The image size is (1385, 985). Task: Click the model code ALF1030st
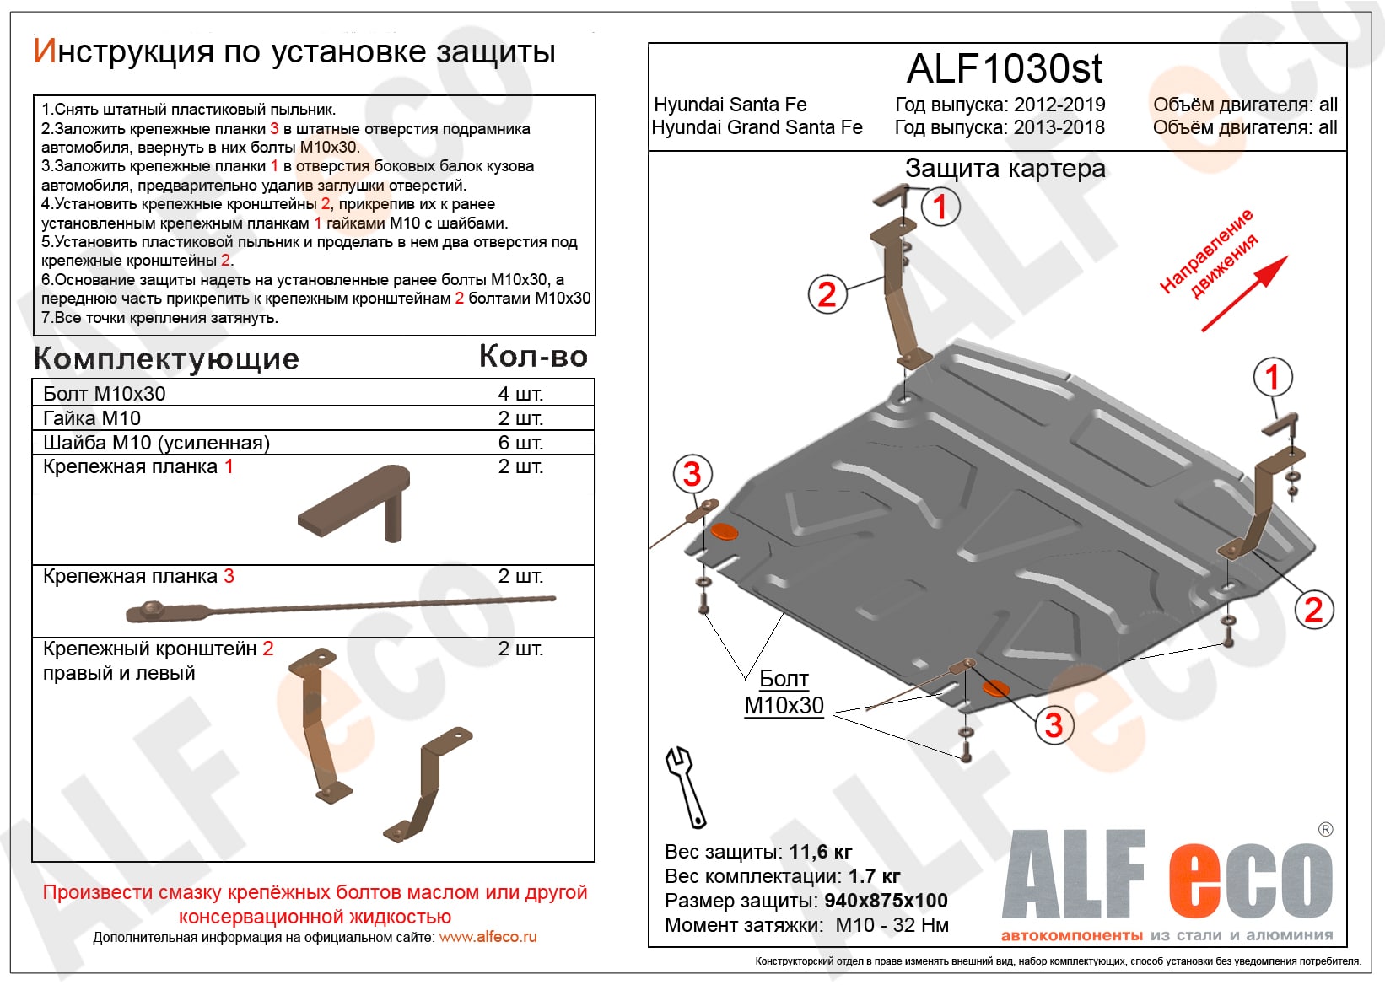point(1004,69)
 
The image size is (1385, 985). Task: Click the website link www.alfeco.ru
point(488,937)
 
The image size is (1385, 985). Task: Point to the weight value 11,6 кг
point(820,852)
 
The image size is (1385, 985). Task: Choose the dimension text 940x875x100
point(886,901)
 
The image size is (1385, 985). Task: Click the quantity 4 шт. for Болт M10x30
point(520,394)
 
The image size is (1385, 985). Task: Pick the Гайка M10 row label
point(92,418)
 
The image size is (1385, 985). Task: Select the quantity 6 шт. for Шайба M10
point(520,443)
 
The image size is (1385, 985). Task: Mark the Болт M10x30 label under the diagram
point(784,692)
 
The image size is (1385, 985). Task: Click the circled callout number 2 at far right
point(1313,610)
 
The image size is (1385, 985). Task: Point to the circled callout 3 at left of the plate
point(692,474)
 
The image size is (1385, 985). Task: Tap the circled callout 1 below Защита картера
point(940,207)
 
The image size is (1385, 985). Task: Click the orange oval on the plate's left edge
point(724,531)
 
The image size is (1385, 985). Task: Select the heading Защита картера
point(1005,169)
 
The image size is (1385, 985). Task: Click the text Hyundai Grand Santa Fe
point(757,127)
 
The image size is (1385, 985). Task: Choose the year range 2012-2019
point(1059,105)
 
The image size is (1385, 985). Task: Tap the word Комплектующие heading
point(166,359)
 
